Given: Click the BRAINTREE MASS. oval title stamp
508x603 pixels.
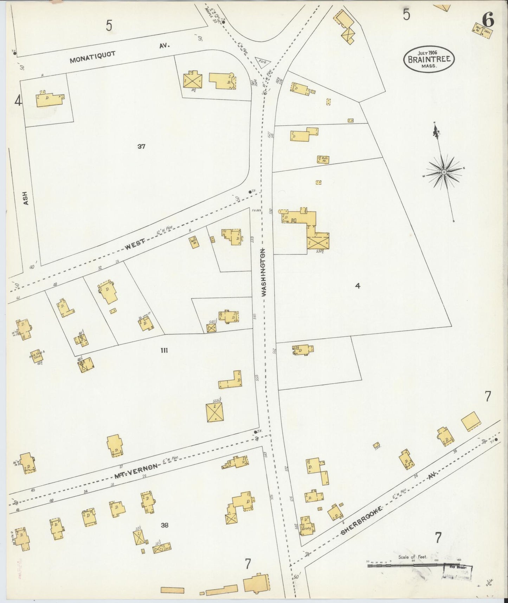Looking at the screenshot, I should [x=429, y=59].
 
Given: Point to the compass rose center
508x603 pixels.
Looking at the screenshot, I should [x=444, y=172].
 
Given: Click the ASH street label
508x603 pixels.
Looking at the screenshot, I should [x=25, y=198].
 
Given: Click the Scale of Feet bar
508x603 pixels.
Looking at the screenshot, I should [x=404, y=565].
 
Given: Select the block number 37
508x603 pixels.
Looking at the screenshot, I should [x=141, y=146].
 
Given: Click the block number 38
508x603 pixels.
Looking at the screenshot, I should [x=165, y=525].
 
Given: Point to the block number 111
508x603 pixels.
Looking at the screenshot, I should [x=164, y=350].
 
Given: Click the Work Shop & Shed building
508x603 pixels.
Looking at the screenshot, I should [x=37, y=356].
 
